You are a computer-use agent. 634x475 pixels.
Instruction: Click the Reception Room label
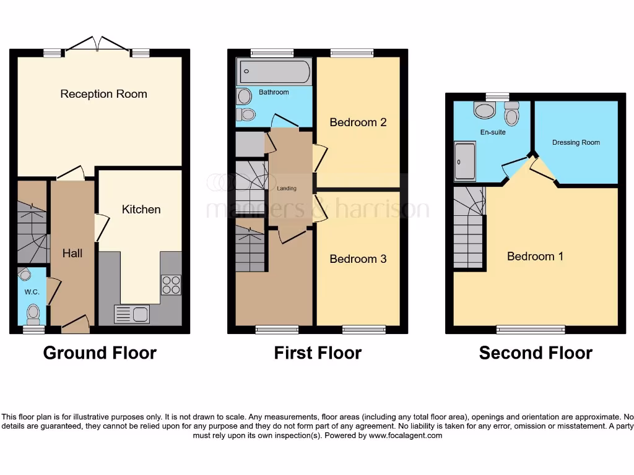pos(103,94)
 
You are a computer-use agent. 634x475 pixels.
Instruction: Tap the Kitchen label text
pos(141,210)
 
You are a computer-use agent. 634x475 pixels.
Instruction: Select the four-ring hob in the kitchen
pos(171,285)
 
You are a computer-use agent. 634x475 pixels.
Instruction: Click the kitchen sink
pos(132,314)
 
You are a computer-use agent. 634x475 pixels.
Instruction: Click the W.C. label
pos(32,292)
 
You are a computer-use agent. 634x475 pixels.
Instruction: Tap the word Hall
pos(72,253)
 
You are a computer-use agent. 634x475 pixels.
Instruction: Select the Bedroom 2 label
pos(358,122)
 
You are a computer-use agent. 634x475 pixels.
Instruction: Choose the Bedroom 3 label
pos(358,259)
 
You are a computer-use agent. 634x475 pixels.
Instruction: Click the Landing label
pos(287,189)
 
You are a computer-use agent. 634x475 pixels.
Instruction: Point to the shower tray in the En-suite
pos(465,161)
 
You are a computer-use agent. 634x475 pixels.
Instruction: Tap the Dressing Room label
pos(576,143)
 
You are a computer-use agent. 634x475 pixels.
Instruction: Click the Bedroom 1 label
pos(535,256)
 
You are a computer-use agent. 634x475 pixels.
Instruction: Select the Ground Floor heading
pos(100,353)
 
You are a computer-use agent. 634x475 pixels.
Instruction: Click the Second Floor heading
pos(536,353)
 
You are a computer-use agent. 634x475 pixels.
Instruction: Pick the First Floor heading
pos(318,353)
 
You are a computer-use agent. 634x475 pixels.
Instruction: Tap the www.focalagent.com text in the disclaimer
pos(406,435)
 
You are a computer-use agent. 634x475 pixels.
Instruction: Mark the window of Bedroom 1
pos(531,329)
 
